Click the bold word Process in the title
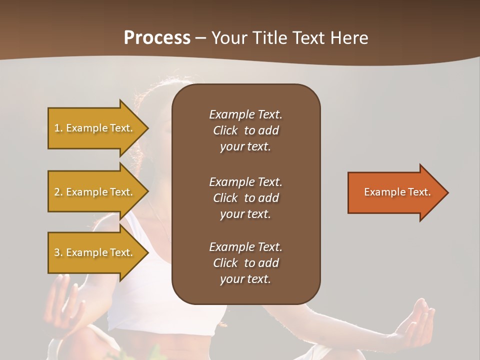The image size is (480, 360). pyautogui.click(x=157, y=38)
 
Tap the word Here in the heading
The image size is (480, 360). pyautogui.click(x=348, y=38)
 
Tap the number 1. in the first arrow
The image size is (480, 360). pyautogui.click(x=58, y=128)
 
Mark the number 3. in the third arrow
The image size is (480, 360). pyautogui.click(x=58, y=253)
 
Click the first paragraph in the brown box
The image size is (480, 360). pyautogui.click(x=245, y=130)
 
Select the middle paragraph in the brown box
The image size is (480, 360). pyautogui.click(x=245, y=198)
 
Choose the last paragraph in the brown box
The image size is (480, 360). pyautogui.click(x=245, y=263)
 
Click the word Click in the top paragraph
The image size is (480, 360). pyautogui.click(x=225, y=130)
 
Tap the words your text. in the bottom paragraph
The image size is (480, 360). pyautogui.click(x=245, y=279)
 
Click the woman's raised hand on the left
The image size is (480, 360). pyautogui.click(x=62, y=300)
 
